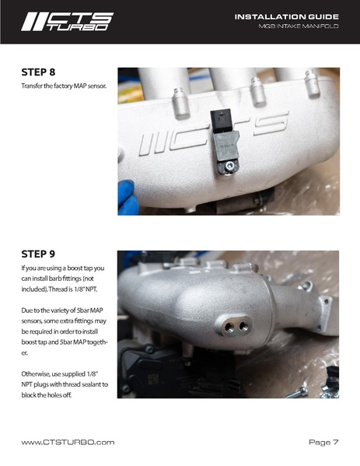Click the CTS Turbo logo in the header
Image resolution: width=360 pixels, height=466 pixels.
click(x=68, y=22)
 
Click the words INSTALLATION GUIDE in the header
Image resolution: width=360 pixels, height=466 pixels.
click(x=287, y=17)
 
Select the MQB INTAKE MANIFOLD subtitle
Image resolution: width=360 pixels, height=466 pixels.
click(x=299, y=26)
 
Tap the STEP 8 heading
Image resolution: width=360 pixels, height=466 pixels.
click(x=38, y=72)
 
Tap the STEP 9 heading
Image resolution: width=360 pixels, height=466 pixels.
click(x=38, y=254)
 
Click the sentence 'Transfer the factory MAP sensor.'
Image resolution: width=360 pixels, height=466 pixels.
click(x=64, y=86)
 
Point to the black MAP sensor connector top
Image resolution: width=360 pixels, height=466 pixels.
click(x=221, y=120)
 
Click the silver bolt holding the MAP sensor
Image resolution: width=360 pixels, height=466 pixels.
click(x=229, y=166)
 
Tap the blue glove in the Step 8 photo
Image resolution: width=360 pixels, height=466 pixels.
click(x=128, y=197)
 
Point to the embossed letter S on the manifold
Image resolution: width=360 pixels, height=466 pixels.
click(x=271, y=124)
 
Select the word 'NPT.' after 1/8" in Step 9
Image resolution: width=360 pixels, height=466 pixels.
click(x=91, y=289)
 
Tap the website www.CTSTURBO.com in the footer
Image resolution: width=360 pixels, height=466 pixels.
click(x=68, y=442)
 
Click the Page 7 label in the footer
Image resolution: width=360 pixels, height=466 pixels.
click(x=323, y=442)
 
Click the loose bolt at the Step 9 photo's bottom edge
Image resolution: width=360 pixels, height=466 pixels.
click(x=297, y=392)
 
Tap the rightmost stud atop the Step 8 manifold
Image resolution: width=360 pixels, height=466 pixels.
click(x=313, y=83)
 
